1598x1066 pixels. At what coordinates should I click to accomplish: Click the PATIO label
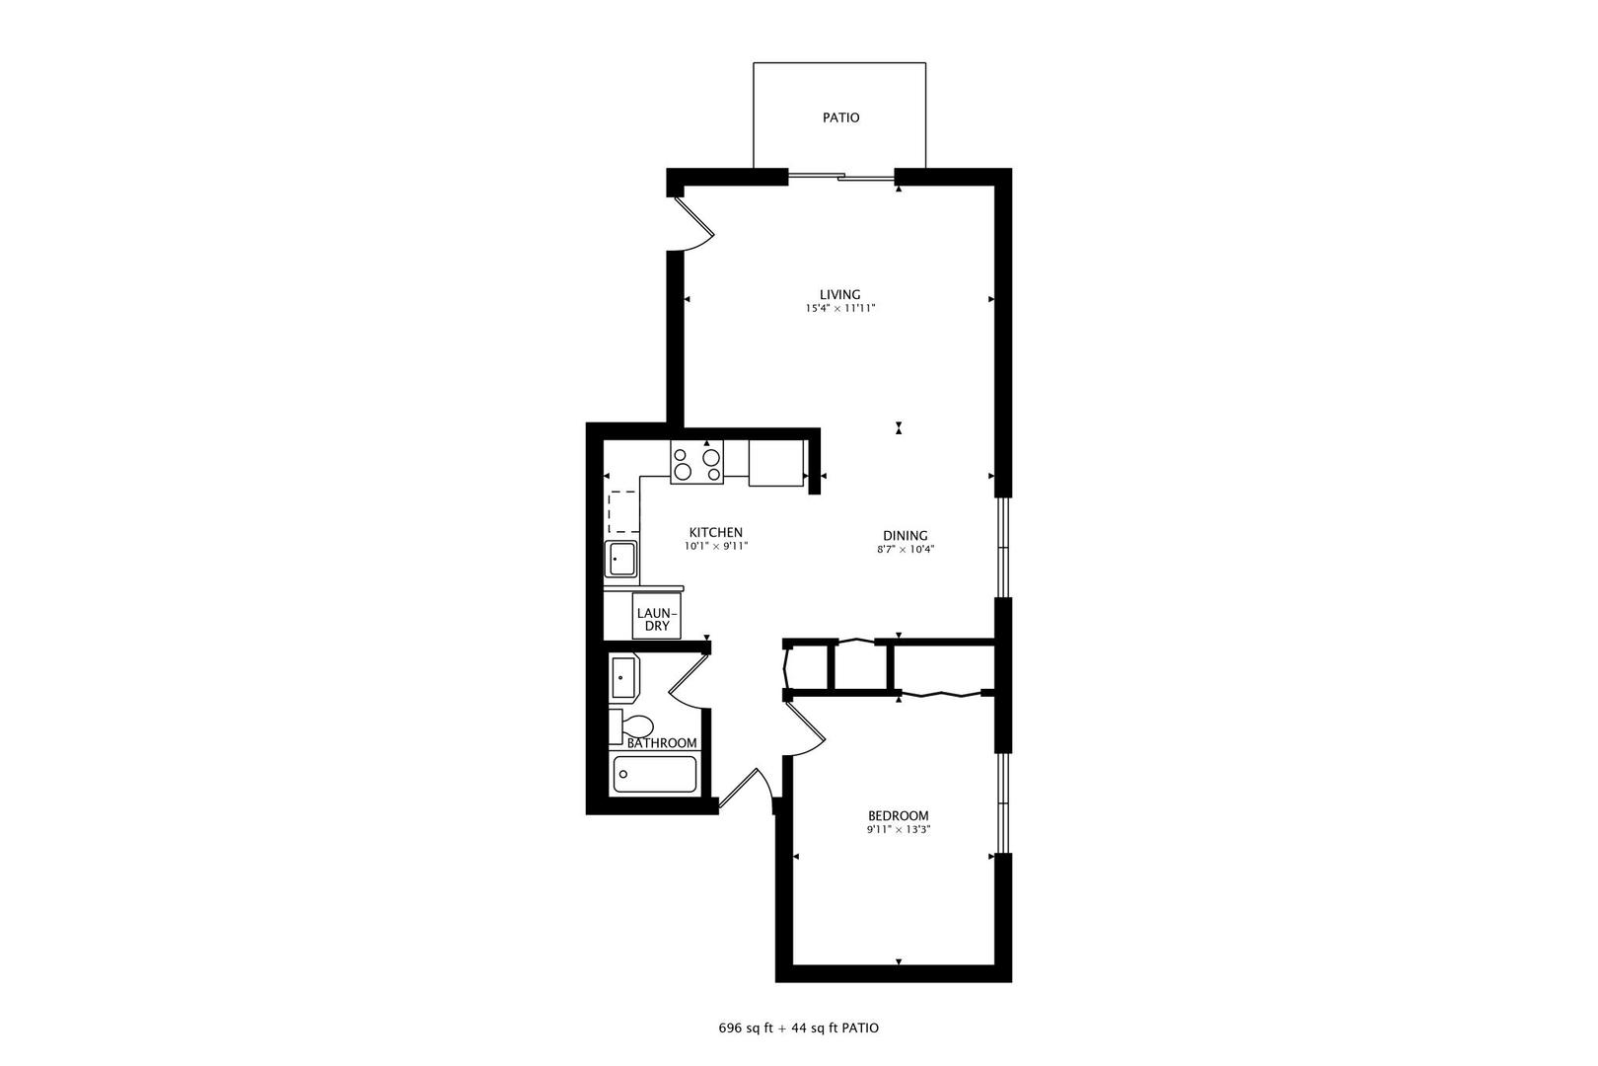[840, 117]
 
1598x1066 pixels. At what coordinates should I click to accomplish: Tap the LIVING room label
[839, 294]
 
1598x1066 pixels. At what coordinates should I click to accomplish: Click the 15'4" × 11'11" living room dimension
[839, 309]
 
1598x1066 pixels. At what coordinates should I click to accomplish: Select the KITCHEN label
[715, 532]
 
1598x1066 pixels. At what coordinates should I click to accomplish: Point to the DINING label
[905, 536]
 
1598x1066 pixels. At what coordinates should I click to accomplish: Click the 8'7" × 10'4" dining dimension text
[905, 550]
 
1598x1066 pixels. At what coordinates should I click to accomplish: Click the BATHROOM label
[662, 743]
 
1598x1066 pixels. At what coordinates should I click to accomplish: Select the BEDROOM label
[898, 815]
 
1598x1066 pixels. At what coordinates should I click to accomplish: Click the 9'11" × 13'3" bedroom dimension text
[898, 830]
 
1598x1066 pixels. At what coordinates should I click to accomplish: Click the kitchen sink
[621, 559]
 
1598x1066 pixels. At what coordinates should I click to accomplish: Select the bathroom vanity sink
[623, 677]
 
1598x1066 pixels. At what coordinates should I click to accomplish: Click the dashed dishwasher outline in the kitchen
[621, 511]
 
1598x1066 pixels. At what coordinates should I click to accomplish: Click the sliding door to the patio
[840, 177]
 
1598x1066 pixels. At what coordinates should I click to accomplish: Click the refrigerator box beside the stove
[775, 463]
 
